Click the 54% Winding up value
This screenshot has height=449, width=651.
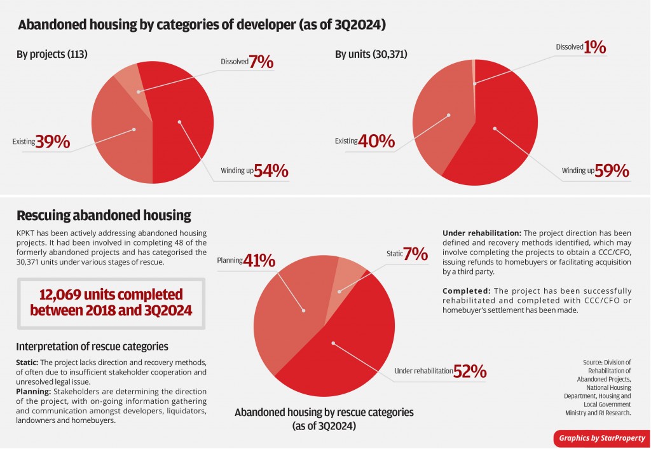point(271,171)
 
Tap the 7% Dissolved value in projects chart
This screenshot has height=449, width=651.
point(261,62)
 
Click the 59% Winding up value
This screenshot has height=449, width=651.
point(612,171)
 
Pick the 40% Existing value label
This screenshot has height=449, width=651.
point(377,141)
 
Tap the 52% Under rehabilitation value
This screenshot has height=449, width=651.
point(470,371)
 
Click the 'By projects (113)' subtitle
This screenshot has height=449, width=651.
point(51,55)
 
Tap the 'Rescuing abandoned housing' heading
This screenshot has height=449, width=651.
point(104,215)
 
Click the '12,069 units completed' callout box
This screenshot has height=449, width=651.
point(111,303)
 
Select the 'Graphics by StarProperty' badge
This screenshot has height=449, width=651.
point(601,438)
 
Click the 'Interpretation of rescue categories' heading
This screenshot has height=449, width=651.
point(92,347)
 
